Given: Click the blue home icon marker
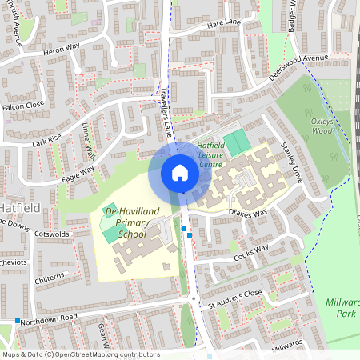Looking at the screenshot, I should coord(180,173).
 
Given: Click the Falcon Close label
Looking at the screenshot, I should coord(22,106).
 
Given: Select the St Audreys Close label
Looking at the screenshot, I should coord(234,298).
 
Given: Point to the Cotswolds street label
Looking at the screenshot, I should coord(53,234).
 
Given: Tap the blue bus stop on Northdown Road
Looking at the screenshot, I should coord(17,321).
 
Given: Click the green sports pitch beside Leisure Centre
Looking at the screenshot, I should coord(236,144).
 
